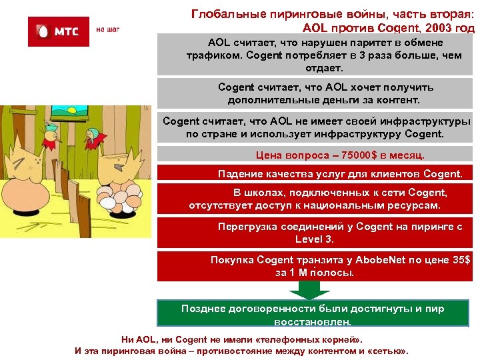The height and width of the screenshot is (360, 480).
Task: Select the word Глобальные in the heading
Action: (x=224, y=13)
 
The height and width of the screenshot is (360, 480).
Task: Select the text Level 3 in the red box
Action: (x=313, y=238)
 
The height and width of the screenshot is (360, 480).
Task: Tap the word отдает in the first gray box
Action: (x=324, y=68)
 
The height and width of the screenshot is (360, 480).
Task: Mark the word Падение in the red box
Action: (x=239, y=174)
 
